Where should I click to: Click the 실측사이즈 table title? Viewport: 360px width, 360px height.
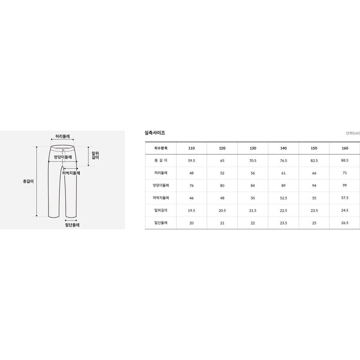pyautogui.click(x=155, y=133)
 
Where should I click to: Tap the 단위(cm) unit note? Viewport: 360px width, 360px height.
pyautogui.click(x=353, y=133)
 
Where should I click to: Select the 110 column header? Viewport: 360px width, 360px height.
pyautogui.click(x=191, y=148)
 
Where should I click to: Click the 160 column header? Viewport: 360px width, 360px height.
pyautogui.click(x=345, y=148)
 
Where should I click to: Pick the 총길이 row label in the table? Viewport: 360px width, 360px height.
pyautogui.click(x=161, y=160)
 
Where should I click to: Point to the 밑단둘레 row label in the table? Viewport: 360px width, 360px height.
pyautogui.click(x=161, y=223)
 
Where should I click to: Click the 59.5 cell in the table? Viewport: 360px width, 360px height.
pyautogui.click(x=191, y=161)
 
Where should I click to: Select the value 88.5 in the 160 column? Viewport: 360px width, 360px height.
pyautogui.click(x=345, y=160)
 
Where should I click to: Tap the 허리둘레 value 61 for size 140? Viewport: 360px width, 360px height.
pyautogui.click(x=284, y=173)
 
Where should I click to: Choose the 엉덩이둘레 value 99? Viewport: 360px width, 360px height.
pyautogui.click(x=345, y=185)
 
